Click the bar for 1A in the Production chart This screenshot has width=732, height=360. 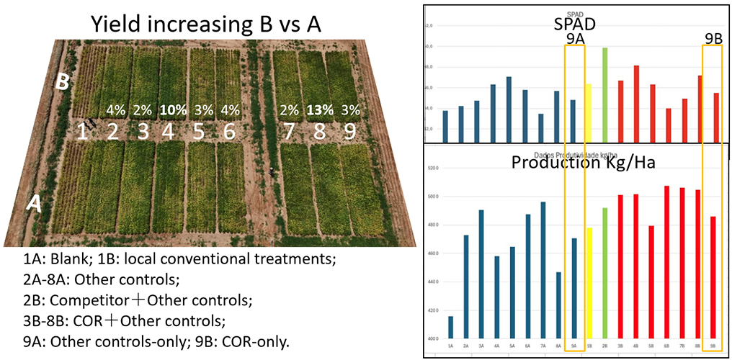tap(451, 327)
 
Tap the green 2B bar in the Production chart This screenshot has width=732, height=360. tap(604, 273)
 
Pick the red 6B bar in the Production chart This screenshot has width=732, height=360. tap(666, 262)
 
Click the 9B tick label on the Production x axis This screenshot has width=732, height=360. tap(713, 346)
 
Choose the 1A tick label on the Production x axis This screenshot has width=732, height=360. tap(451, 346)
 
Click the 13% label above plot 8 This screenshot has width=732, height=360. tap(319, 110)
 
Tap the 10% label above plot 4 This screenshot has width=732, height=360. tap(172, 110)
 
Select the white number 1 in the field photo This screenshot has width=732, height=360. tap(83, 131)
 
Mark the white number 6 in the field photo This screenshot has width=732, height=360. tap(228, 131)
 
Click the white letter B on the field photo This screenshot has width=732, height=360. tap(63, 82)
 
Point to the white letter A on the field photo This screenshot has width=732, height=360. tap(33, 204)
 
